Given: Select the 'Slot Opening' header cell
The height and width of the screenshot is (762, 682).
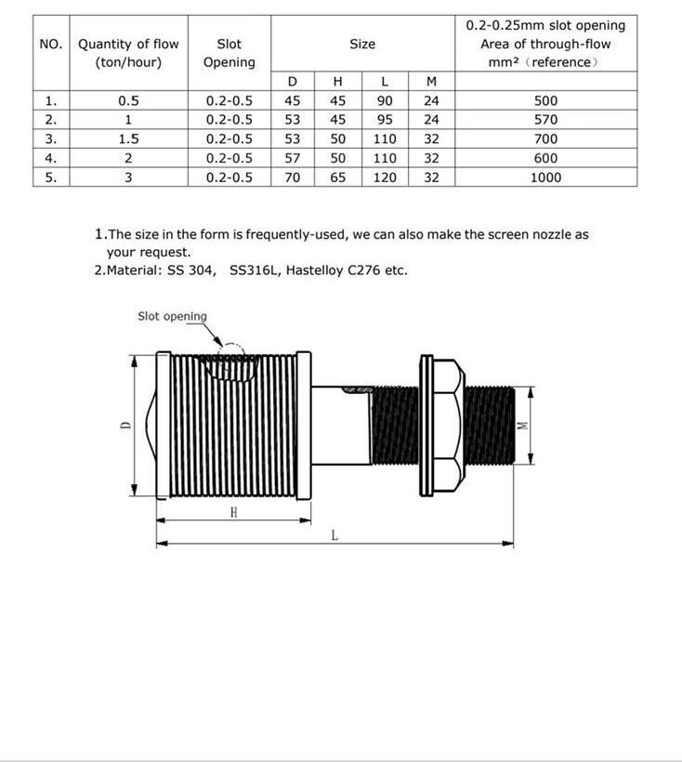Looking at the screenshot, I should [229, 52].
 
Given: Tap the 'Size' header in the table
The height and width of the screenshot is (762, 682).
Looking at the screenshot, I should [362, 44].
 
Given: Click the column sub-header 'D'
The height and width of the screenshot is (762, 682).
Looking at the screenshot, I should [293, 82].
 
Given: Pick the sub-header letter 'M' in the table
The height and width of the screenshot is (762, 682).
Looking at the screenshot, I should [431, 82].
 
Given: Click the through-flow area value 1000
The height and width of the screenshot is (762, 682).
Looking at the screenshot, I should [545, 177].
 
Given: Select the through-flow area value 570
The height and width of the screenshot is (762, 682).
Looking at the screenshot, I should [545, 120].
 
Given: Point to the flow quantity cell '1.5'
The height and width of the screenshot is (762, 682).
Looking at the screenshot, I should [128, 139].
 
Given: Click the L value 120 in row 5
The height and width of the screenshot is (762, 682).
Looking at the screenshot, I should [385, 177].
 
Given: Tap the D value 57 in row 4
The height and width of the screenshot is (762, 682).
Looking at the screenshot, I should [293, 158].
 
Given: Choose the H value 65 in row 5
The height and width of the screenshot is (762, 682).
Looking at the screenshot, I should [338, 177].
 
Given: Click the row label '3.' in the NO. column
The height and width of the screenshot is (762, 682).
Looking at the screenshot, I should [51, 139].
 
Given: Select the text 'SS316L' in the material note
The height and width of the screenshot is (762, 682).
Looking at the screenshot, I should [253, 270].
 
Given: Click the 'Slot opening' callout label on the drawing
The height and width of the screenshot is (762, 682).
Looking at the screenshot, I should [172, 316].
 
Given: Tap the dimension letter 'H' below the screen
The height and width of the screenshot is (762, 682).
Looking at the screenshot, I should [234, 512].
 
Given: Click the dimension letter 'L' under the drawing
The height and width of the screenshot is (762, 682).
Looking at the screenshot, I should [334, 534].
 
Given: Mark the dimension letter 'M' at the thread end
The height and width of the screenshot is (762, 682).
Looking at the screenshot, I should [522, 425].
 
